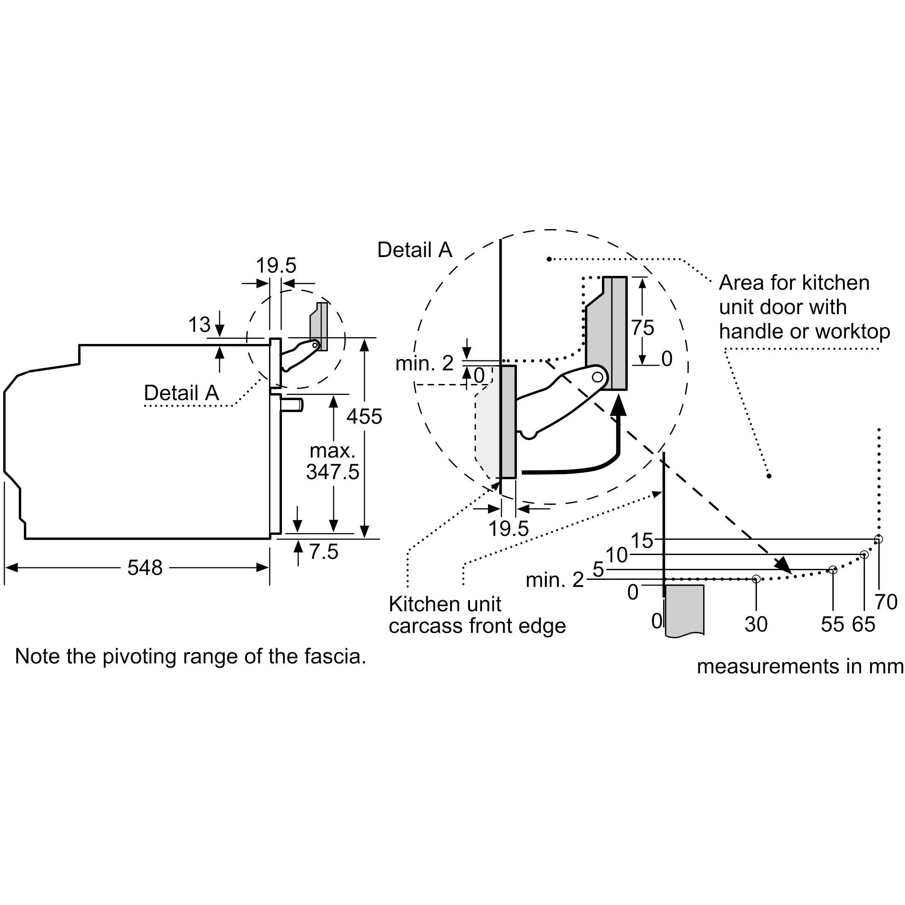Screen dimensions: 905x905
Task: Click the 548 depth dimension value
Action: tap(145, 568)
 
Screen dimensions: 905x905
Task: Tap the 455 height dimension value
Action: tap(364, 417)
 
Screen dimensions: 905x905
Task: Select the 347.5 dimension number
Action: tap(332, 472)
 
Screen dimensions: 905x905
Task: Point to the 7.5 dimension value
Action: tap(324, 552)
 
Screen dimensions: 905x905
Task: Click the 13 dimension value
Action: tap(199, 325)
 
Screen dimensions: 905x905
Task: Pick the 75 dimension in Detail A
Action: tap(642, 328)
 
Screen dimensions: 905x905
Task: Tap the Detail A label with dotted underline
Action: tap(181, 393)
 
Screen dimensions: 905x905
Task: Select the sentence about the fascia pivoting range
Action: tap(190, 657)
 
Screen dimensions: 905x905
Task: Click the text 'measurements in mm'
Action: tap(800, 666)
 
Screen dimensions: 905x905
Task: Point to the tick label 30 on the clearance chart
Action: tap(756, 624)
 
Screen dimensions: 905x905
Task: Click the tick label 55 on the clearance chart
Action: tap(832, 624)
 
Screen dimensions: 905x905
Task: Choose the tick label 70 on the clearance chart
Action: tap(886, 602)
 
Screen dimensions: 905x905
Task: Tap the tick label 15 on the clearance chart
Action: tap(642, 541)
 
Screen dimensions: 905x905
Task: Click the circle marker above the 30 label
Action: tap(756, 579)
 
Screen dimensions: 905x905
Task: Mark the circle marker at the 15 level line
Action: tap(879, 539)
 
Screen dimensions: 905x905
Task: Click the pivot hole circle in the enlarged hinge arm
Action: tap(597, 377)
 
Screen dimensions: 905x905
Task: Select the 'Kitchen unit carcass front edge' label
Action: tap(477, 615)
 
